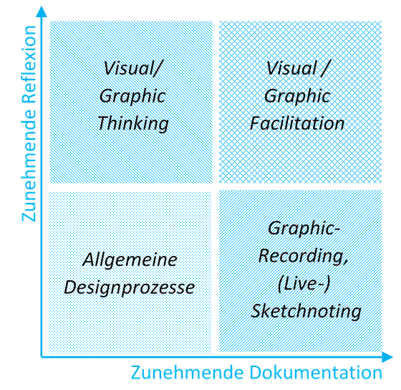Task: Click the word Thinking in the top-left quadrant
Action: point(133,124)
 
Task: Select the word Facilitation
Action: point(297,123)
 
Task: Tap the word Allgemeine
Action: point(130,260)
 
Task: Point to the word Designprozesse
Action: point(130,287)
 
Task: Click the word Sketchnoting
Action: point(306,311)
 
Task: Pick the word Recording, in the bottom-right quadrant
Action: point(304,256)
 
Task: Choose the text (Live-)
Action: point(304,284)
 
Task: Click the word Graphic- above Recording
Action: point(304,229)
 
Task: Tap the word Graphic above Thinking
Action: point(132,97)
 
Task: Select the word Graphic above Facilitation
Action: point(297,97)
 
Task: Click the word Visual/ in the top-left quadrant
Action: point(133,68)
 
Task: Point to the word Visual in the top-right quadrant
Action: point(292,68)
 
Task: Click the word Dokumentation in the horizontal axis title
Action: point(316,373)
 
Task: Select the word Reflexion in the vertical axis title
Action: point(29,64)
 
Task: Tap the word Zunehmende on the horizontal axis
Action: point(187,373)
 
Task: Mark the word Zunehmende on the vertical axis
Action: point(29,165)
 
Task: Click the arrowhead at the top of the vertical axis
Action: point(42,11)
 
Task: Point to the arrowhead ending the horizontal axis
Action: point(387,357)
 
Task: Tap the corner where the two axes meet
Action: point(42,357)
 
